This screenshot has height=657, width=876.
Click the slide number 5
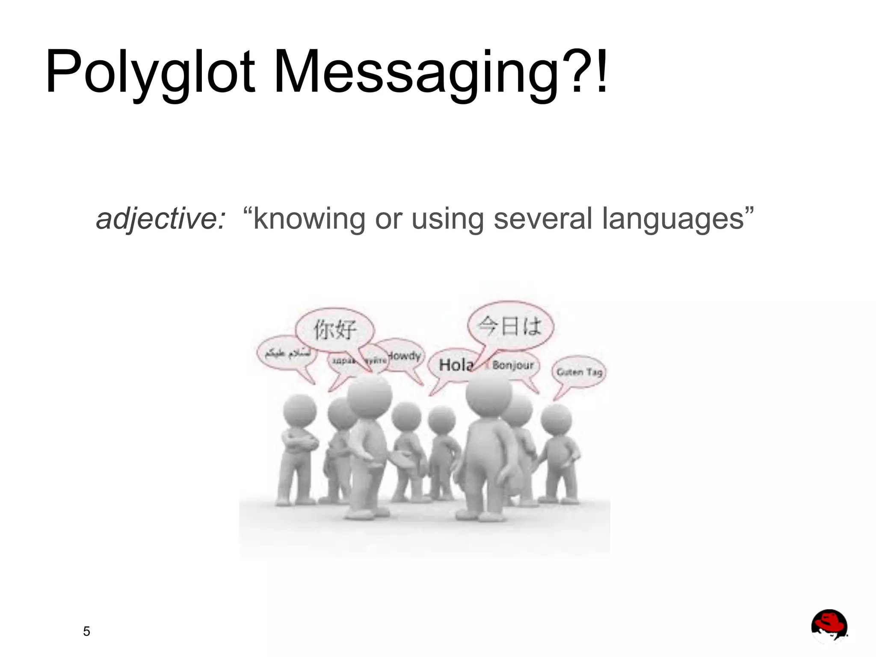pyautogui.click(x=86, y=631)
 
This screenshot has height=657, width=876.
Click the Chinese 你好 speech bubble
pyautogui.click(x=335, y=330)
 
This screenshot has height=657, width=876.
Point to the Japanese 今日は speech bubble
pyautogui.click(x=510, y=326)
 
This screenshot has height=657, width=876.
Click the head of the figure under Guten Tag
pyautogui.click(x=556, y=419)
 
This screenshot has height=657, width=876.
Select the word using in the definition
pyautogui.click(x=447, y=219)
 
